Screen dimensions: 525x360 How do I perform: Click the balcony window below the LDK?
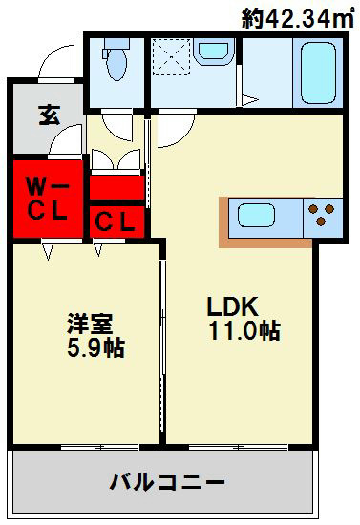point(238,446)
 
